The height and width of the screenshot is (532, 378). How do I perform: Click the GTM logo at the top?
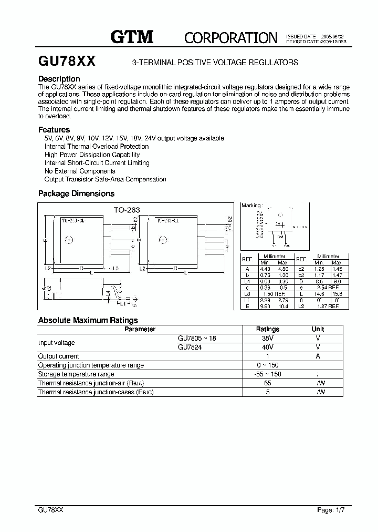click(x=131, y=36)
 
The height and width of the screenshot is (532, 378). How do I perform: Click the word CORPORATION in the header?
click(x=230, y=37)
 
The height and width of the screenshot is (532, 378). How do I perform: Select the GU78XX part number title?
click(x=67, y=62)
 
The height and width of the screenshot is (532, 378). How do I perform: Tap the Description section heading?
click(x=59, y=79)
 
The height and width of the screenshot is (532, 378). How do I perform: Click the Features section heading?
click(x=54, y=129)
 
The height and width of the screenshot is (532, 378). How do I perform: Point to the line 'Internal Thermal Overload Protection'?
click(x=97, y=147)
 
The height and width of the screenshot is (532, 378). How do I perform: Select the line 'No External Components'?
click(x=80, y=171)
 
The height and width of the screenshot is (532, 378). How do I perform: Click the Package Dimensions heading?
click(x=76, y=193)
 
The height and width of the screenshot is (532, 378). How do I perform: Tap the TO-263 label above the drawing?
click(x=127, y=209)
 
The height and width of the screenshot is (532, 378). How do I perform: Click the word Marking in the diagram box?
click(x=250, y=206)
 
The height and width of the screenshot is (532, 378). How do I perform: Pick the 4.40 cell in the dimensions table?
click(x=265, y=269)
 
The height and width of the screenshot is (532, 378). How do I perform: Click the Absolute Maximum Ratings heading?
click(x=88, y=320)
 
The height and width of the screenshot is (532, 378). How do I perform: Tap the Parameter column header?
click(x=140, y=329)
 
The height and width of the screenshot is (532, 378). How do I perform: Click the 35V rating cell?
click(x=268, y=339)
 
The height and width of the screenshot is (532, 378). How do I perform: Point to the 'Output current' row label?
click(x=59, y=356)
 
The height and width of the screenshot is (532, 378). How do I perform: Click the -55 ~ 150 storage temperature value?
click(x=268, y=374)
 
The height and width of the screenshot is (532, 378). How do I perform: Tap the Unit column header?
click(x=318, y=329)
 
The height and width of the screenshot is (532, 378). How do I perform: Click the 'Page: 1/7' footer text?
click(x=332, y=510)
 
